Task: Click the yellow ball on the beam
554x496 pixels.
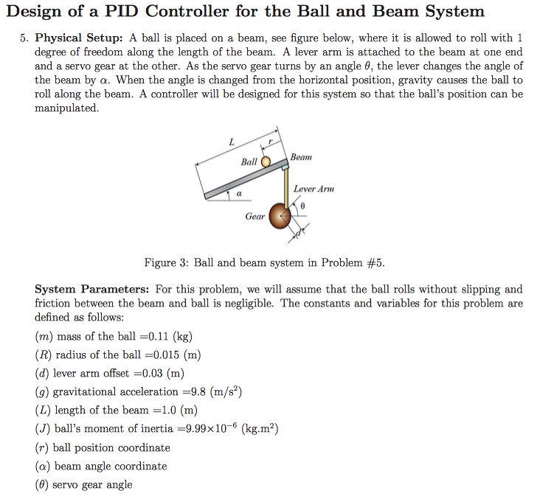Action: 266,162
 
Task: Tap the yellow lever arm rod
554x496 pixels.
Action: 286,188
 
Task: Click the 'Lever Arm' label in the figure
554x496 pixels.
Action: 314,189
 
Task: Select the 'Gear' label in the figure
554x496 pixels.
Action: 255,217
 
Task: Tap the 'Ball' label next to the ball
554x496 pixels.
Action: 249,162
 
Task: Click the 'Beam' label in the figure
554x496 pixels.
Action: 301,157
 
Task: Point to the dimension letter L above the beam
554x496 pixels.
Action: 231,142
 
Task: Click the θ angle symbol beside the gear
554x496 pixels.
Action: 303,206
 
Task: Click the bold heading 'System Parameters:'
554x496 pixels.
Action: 93,290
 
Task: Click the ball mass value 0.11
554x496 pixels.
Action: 159,337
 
